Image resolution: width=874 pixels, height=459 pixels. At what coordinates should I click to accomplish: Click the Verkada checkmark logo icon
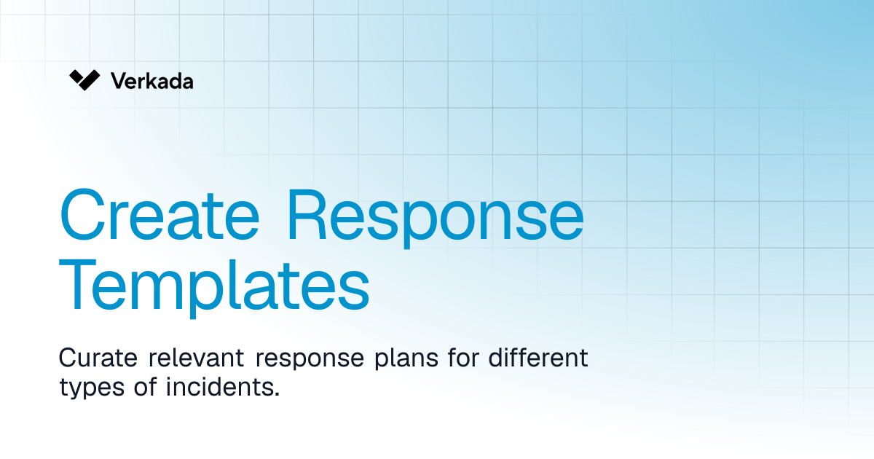click(x=84, y=80)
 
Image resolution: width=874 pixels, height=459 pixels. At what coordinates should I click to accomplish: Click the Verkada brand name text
click(x=151, y=81)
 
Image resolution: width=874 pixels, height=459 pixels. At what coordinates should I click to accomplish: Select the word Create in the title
click(x=160, y=215)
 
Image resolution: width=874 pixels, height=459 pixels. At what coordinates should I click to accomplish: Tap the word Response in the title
click(x=436, y=219)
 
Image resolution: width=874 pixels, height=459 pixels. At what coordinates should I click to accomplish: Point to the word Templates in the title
click(x=214, y=287)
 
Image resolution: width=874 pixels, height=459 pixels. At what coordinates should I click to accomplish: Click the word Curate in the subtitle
click(x=98, y=358)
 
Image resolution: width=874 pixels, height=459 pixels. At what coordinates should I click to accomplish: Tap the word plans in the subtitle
click(x=406, y=360)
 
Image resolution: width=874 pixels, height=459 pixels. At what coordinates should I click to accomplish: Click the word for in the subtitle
click(x=463, y=357)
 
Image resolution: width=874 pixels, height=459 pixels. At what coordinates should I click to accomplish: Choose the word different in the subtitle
click(x=538, y=357)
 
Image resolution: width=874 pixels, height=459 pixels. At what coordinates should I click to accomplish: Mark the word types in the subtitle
click(x=92, y=389)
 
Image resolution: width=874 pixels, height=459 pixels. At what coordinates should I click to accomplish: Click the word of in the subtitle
click(x=146, y=386)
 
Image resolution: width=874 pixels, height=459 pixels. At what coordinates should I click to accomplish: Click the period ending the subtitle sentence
click(x=277, y=394)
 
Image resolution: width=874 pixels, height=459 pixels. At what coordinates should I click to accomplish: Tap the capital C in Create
click(x=82, y=214)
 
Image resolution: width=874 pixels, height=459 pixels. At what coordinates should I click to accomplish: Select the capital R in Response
click(x=307, y=214)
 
